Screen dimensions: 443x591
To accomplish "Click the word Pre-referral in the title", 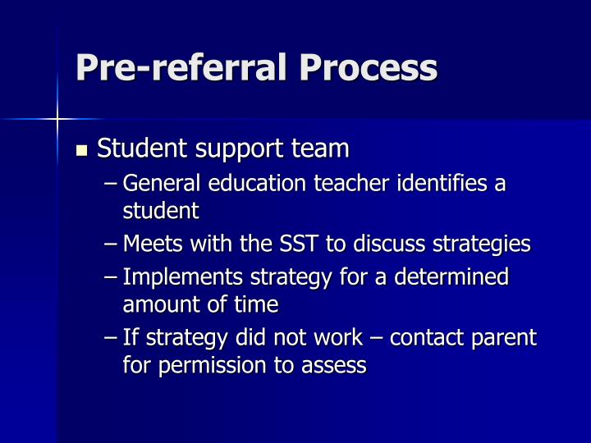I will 179,67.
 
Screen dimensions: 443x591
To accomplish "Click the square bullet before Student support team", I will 81,151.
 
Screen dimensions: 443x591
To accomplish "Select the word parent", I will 508,337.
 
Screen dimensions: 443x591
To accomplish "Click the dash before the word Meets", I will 112,244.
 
